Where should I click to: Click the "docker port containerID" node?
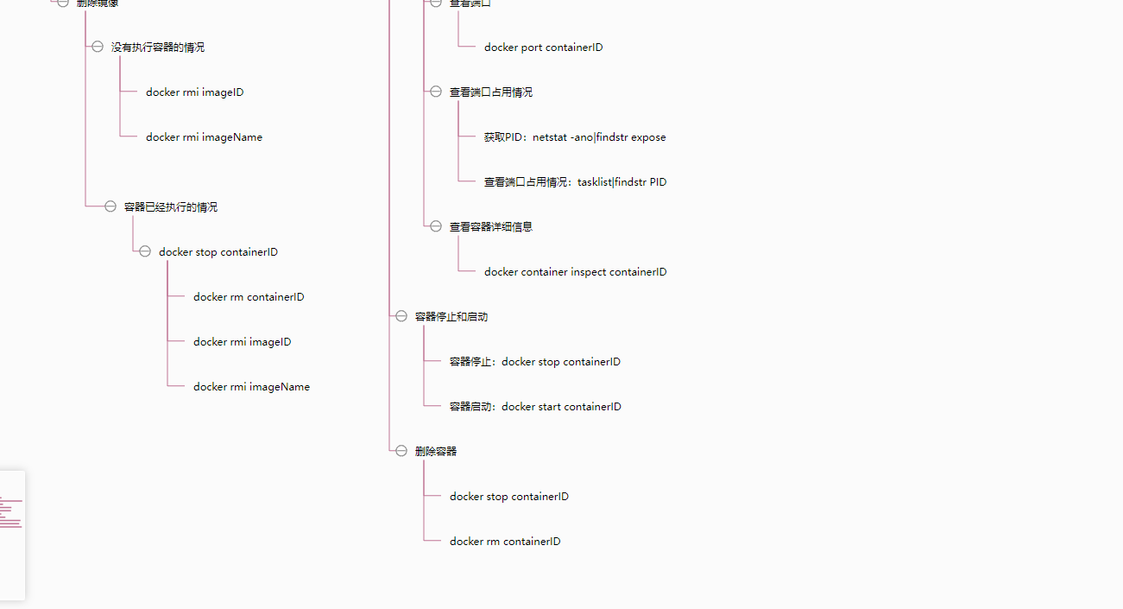pyautogui.click(x=543, y=48)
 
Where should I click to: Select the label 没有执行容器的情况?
pyautogui.click(x=158, y=48)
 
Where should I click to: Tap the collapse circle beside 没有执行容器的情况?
pyautogui.click(x=98, y=47)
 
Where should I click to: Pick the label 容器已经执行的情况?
pyautogui.click(x=171, y=207)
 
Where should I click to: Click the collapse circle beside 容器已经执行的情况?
pyautogui.click(x=110, y=206)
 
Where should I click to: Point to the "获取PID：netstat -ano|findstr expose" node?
pyautogui.click(x=575, y=137)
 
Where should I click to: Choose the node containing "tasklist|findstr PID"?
pyautogui.click(x=575, y=182)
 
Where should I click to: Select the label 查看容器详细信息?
pyautogui.click(x=491, y=227)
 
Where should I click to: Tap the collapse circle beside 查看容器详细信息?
pyautogui.click(x=436, y=226)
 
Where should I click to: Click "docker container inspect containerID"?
pyautogui.click(x=575, y=272)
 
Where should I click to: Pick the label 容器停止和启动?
pyautogui.click(x=451, y=317)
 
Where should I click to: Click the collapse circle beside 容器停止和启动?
pyautogui.click(x=401, y=316)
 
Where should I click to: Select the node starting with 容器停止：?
pyautogui.click(x=534, y=362)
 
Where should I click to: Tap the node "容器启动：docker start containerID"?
pyautogui.click(x=535, y=407)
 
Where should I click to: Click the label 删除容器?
pyautogui.click(x=436, y=452)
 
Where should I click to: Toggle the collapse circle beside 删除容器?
pyautogui.click(x=401, y=451)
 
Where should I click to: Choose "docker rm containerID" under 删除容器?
pyautogui.click(x=505, y=542)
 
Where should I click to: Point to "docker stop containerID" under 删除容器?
pyautogui.click(x=509, y=497)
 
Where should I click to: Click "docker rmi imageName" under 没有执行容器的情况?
pyautogui.click(x=204, y=137)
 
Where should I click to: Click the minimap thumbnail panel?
pyautogui.click(x=11, y=536)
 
